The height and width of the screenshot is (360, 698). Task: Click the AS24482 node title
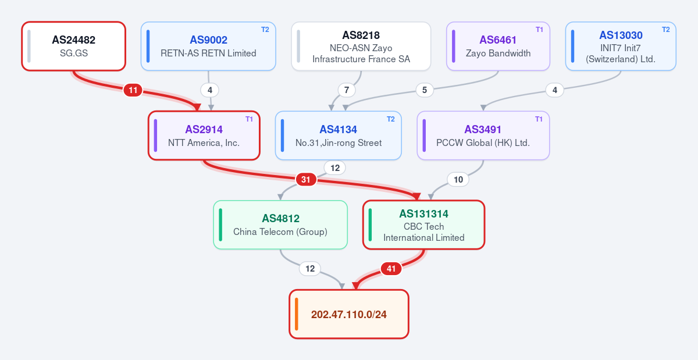tap(73, 40)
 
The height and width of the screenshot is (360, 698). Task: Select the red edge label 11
tap(133, 90)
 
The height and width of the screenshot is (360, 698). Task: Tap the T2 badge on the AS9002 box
tap(265, 30)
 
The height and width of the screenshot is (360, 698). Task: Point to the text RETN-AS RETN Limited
tap(208, 54)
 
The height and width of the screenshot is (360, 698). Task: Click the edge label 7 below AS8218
tap(347, 90)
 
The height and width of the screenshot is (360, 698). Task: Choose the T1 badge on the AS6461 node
tap(539, 30)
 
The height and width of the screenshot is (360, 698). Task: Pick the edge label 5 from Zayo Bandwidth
tap(425, 90)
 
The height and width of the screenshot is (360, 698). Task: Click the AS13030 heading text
tap(621, 35)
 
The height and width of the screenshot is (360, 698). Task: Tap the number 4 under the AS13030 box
tap(555, 90)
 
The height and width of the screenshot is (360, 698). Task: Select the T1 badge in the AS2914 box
tap(249, 119)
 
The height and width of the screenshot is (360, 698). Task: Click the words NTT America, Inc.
tap(204, 142)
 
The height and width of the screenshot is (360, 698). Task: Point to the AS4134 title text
tap(338, 129)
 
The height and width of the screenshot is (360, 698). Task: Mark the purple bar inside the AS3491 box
tap(424, 136)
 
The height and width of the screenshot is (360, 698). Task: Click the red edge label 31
tap(306, 180)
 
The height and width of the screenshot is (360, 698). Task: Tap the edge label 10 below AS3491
tap(458, 180)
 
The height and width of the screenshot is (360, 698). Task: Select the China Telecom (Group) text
tap(280, 232)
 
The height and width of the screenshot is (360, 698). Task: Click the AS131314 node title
tap(424, 214)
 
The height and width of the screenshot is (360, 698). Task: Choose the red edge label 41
tap(391, 269)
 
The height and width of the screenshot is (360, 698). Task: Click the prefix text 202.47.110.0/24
tap(348, 315)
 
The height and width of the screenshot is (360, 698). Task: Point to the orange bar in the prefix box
tap(296, 314)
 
